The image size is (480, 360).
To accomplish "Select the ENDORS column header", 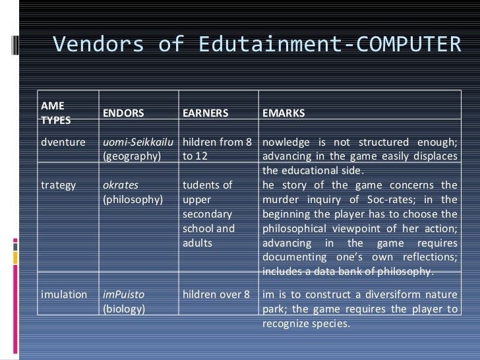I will click(123, 113).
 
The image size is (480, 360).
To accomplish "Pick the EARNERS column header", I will click(205, 113).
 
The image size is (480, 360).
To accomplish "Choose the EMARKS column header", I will click(284, 113).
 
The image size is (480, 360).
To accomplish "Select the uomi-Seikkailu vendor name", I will click(140, 143).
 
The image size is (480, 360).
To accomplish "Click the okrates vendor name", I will click(121, 185).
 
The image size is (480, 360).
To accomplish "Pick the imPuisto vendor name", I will click(124, 295).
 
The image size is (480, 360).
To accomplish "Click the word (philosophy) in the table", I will click(133, 199).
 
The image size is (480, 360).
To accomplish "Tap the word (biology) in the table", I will click(124, 309).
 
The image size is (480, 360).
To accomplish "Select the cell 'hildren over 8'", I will click(217, 295).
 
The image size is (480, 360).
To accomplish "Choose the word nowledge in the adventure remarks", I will click(286, 143).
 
